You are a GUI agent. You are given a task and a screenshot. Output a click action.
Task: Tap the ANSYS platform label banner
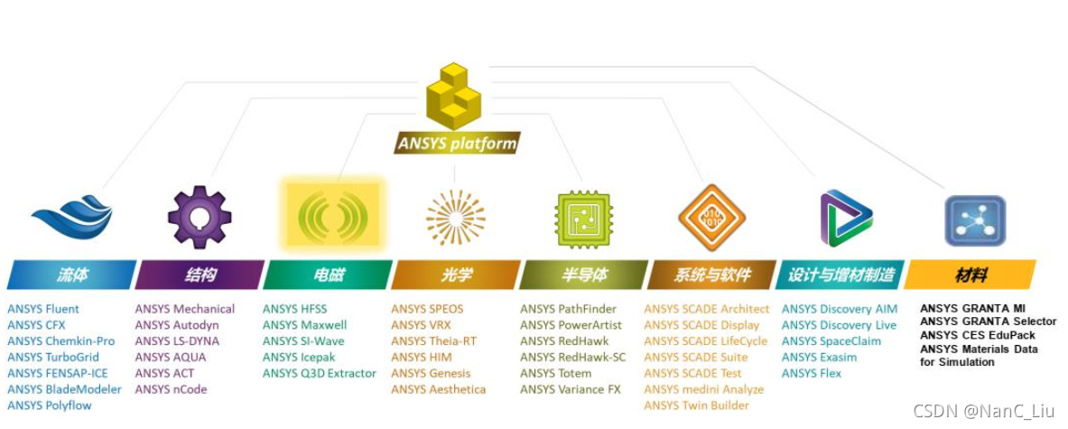tap(459, 143)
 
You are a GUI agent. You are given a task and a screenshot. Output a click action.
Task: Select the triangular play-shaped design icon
tap(845, 218)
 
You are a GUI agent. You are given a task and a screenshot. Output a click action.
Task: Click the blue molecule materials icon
tap(974, 219)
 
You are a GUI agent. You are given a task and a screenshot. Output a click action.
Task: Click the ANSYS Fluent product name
tap(43, 309)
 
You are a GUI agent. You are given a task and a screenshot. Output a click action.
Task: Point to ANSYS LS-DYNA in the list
tap(177, 341)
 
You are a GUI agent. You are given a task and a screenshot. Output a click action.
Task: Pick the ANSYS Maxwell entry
tap(305, 325)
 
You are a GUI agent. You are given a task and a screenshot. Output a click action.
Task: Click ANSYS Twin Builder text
tap(696, 406)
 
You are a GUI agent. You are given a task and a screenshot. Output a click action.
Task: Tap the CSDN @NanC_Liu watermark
tap(983, 411)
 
